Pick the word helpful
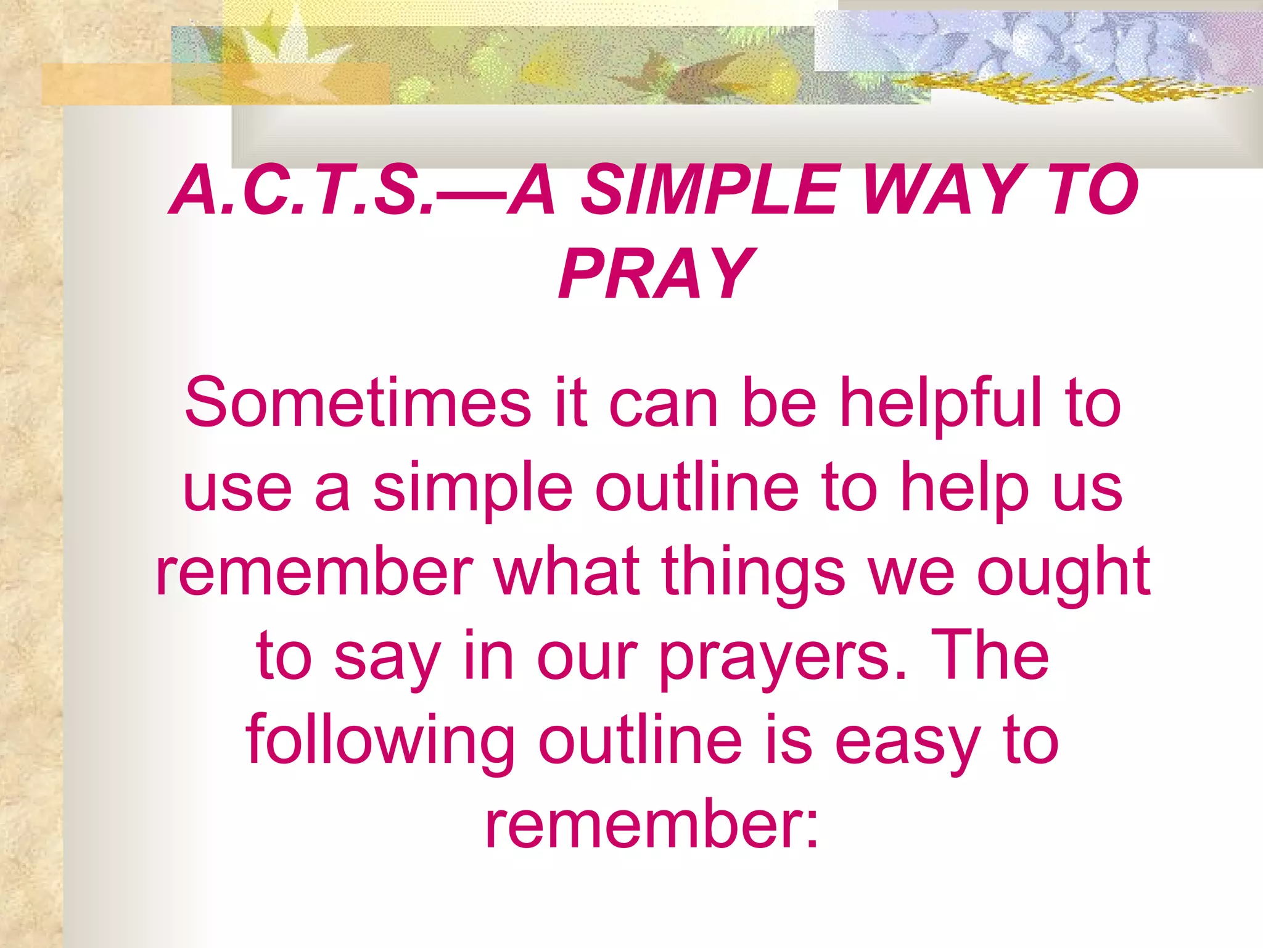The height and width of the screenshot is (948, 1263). pos(941,404)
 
